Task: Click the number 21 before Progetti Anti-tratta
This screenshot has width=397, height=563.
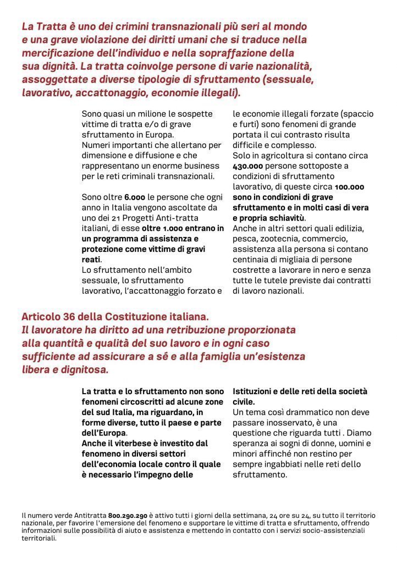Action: pyautogui.click(x=115, y=218)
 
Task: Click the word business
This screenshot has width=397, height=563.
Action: pyautogui.click(x=204, y=166)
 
